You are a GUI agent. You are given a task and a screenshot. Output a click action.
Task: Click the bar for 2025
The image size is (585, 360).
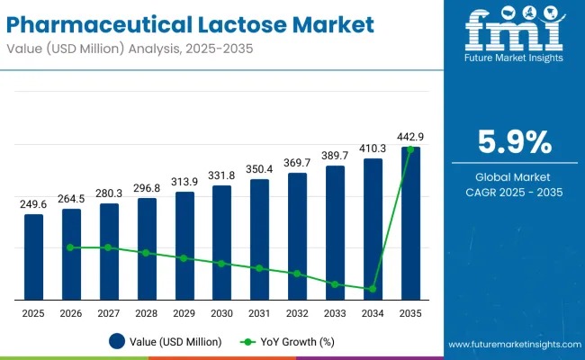(x=33, y=256)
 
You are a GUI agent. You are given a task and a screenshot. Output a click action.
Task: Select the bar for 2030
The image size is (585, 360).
(x=221, y=243)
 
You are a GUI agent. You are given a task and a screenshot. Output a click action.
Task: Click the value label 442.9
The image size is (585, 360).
(x=410, y=137)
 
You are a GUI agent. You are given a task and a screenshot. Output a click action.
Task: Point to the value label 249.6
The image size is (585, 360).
(x=33, y=204)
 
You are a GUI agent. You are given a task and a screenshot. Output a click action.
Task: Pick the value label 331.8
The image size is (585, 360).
(x=221, y=175)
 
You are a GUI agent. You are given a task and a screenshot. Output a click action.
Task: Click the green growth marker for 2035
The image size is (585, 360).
(x=410, y=149)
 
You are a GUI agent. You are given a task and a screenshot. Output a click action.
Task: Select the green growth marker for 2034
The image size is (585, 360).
(x=373, y=289)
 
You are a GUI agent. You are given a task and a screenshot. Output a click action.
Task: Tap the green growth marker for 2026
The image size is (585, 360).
(x=71, y=247)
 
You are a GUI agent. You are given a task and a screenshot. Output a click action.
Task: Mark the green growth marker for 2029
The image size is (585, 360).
(x=184, y=258)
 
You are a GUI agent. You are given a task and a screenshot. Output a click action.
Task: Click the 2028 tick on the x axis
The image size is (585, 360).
(x=146, y=312)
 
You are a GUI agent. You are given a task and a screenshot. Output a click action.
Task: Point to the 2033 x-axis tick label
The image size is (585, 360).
(x=335, y=312)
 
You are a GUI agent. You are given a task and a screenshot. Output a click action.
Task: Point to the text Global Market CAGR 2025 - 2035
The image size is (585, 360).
(x=514, y=184)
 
